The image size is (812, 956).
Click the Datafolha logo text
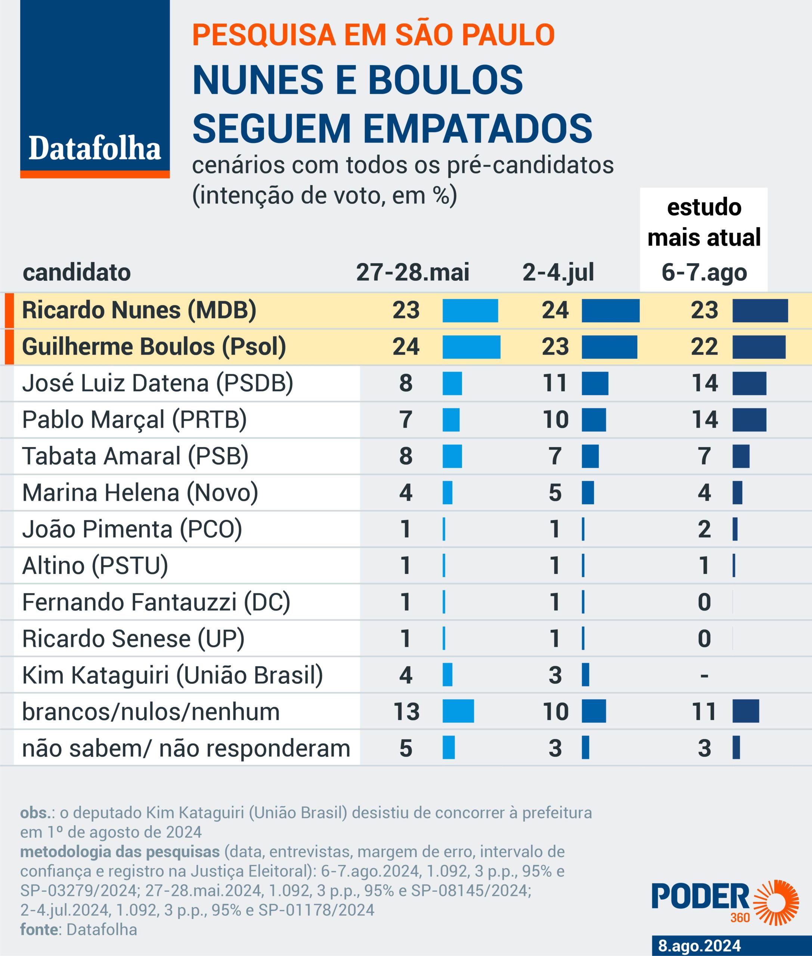(x=95, y=149)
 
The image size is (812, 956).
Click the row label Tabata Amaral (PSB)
(x=135, y=456)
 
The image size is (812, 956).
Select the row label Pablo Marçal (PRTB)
(x=134, y=420)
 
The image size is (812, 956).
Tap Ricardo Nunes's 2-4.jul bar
(x=610, y=311)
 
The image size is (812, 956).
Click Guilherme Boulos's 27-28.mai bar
(x=471, y=347)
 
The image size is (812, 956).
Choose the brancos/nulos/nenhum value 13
(x=406, y=712)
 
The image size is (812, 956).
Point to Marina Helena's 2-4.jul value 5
(x=555, y=493)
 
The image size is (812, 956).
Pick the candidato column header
(x=77, y=273)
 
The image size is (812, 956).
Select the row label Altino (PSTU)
(x=95, y=566)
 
